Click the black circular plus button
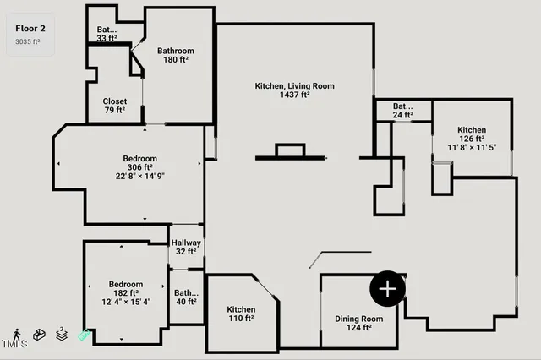pyautogui.click(x=388, y=289)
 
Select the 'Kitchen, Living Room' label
pyautogui.click(x=295, y=85)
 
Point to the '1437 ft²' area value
pyautogui.click(x=295, y=95)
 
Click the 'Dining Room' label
pyautogui.click(x=359, y=319)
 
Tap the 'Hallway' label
pyautogui.click(x=186, y=243)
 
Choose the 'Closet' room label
pyautogui.click(x=114, y=101)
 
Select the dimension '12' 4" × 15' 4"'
pyautogui.click(x=126, y=303)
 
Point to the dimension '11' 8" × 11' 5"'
pyautogui.click(x=472, y=148)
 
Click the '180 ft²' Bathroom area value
pyautogui.click(x=176, y=61)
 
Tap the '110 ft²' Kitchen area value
pyautogui.click(x=241, y=319)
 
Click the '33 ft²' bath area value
pyautogui.click(x=107, y=38)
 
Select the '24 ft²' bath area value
pyautogui.click(x=402, y=115)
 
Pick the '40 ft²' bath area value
pyautogui.click(x=186, y=301)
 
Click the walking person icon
pyautogui.click(x=17, y=335)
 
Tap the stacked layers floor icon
pyautogui.click(x=61, y=334)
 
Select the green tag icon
pyautogui.click(x=84, y=335)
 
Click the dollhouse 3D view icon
pyautogui.click(x=39, y=335)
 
